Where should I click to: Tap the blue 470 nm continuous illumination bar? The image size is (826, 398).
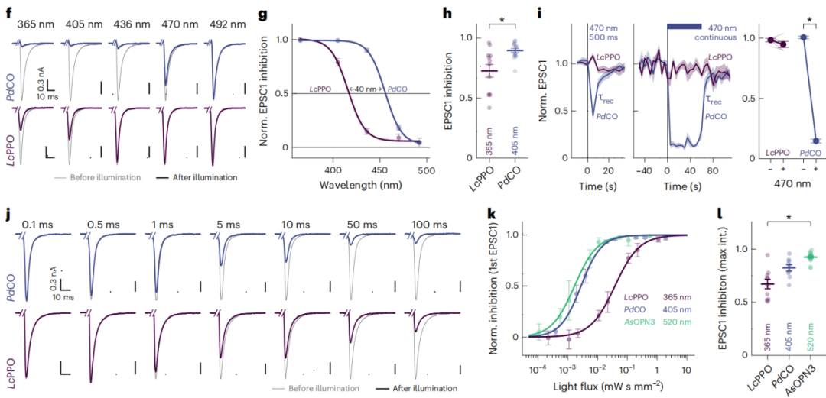[684, 26]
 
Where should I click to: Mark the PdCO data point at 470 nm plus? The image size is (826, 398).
[816, 141]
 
